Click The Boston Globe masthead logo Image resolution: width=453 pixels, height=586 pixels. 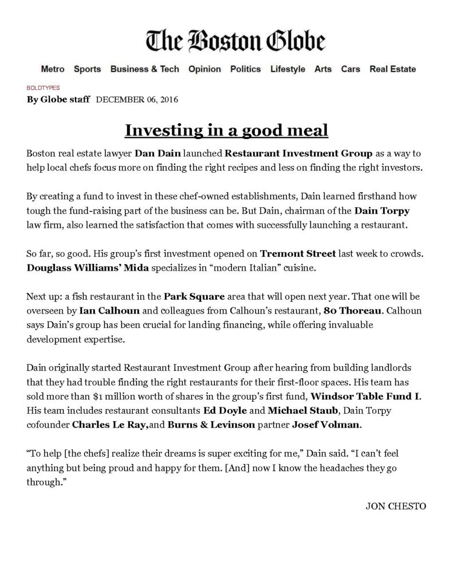[x=235, y=41]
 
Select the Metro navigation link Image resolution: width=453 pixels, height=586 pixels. [x=53, y=69]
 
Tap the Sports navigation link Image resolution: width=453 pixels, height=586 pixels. [x=87, y=69]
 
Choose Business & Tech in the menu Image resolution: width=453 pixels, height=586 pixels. [x=144, y=69]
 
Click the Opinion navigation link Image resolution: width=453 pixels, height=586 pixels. [x=204, y=69]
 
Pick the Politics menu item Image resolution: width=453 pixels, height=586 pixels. [x=245, y=69]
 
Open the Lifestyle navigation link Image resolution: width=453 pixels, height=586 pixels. [x=287, y=69]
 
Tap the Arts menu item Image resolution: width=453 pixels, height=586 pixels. [x=323, y=69]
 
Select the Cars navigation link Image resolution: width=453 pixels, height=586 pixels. [x=350, y=69]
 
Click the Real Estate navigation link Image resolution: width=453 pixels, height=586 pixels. [x=393, y=69]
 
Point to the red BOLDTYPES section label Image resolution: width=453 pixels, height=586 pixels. [x=44, y=88]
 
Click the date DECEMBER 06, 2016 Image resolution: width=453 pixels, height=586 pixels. [x=137, y=100]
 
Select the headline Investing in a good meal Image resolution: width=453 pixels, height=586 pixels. [x=226, y=130]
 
